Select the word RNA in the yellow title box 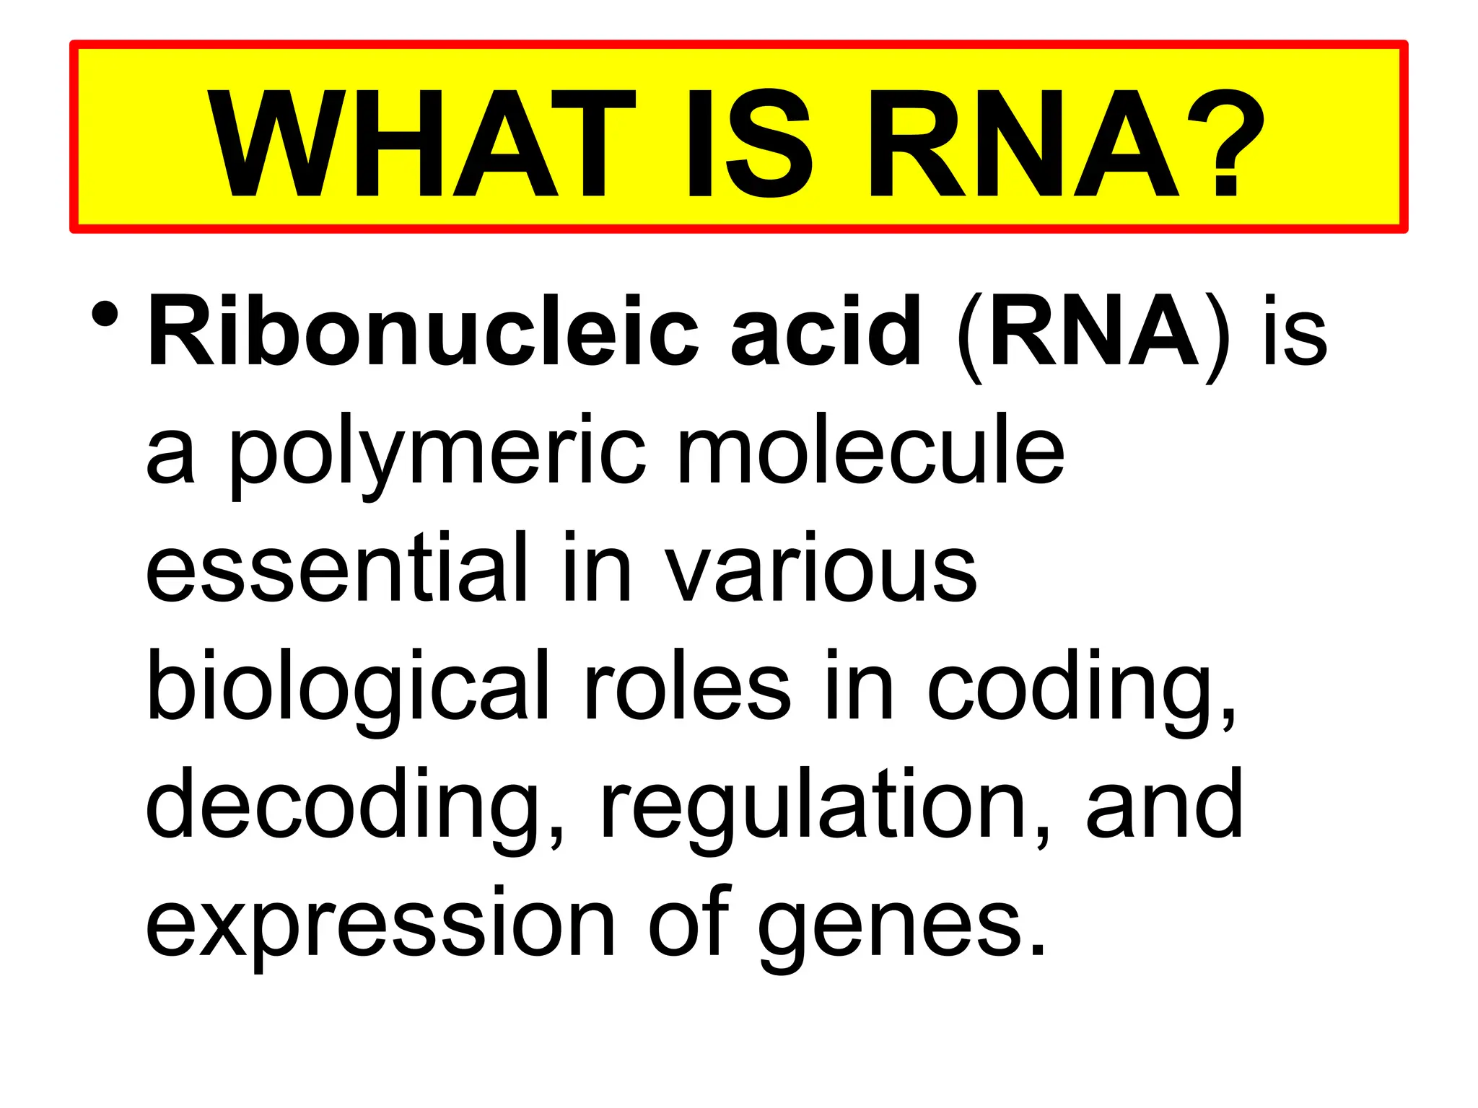coord(1023,144)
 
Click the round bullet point coord(105,315)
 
